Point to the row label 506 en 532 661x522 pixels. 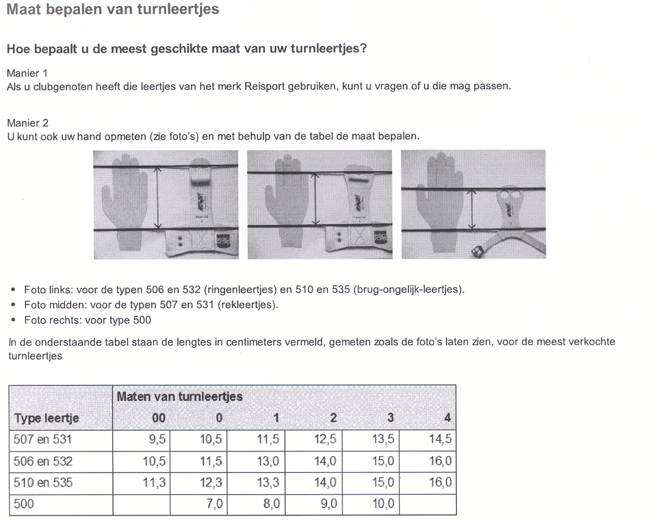coord(43,461)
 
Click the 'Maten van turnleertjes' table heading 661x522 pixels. coord(179,396)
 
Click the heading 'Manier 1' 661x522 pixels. coord(27,73)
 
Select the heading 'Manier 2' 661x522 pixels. coord(27,123)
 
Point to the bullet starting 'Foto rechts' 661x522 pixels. coord(87,320)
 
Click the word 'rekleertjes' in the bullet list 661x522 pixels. coord(246,304)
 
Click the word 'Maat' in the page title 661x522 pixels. coord(24,9)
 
